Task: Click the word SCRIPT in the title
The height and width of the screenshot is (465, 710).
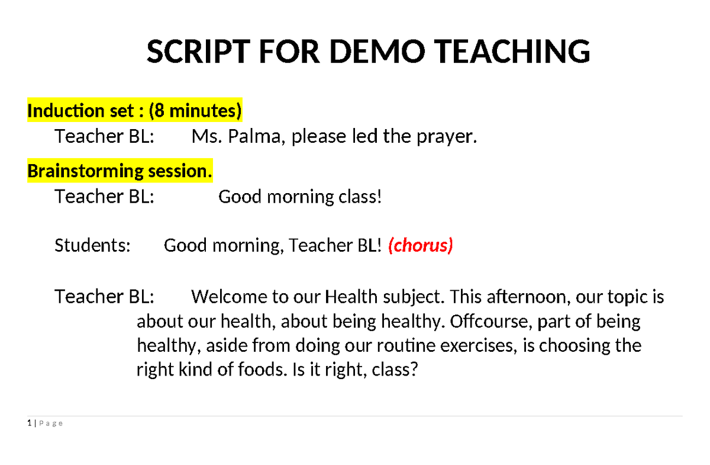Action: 199,52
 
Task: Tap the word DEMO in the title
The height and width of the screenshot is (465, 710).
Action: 377,52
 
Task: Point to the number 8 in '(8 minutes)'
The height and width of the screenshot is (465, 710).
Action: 159,110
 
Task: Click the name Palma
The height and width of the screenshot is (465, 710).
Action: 254,136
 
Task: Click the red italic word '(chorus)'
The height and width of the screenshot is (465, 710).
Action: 421,245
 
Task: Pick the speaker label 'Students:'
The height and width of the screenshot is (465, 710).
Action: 92,245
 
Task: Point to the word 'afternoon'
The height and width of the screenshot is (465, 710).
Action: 526,297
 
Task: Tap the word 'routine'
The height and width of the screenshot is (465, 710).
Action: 406,345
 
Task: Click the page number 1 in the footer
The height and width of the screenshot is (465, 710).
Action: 30,423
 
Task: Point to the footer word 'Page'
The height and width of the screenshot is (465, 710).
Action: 51,424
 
